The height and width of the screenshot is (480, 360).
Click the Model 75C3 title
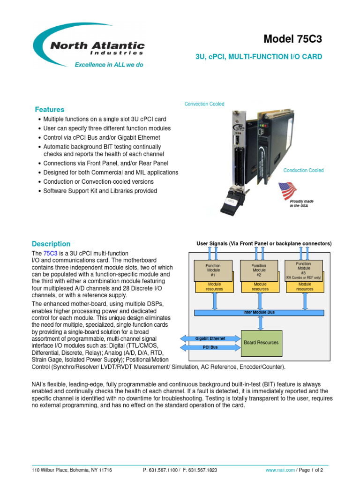tap(293, 39)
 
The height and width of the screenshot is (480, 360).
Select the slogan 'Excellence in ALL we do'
tap(109, 65)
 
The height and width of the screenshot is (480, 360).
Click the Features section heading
tap(49, 109)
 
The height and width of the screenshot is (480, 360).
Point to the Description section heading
tap(51, 244)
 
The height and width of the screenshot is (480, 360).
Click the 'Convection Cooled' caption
tap(204, 104)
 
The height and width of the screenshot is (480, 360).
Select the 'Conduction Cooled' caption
tap(303, 171)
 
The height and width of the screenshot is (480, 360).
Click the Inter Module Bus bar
tap(259, 312)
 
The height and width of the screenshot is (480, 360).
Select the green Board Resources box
tap(261, 343)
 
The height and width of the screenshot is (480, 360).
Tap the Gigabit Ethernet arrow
tap(210, 338)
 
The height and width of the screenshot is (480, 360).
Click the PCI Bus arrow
tap(210, 348)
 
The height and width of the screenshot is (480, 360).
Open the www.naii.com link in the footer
tap(280, 470)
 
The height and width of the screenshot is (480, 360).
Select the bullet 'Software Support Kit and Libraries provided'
tap(100, 191)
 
